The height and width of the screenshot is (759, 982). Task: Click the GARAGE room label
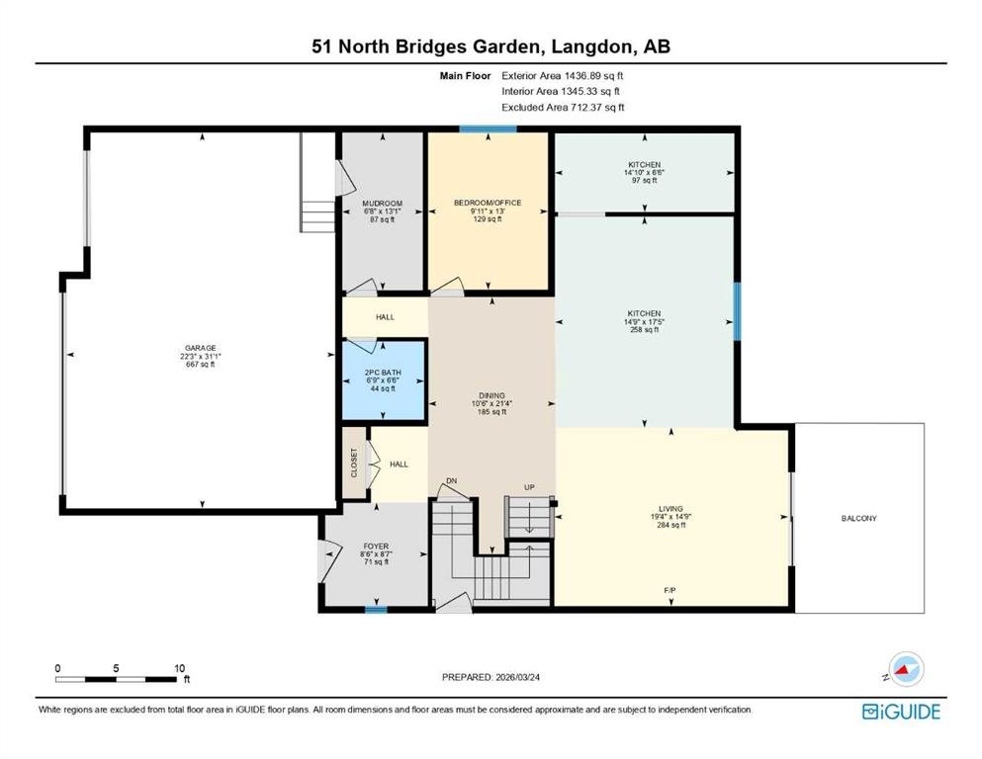[x=201, y=348]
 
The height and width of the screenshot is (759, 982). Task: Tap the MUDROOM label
[x=382, y=204]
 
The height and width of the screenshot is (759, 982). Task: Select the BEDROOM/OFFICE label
[x=488, y=203]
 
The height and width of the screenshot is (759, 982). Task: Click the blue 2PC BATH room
[x=384, y=379]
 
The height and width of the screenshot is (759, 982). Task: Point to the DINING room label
[x=491, y=395]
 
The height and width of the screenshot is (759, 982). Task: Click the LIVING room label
[x=670, y=509]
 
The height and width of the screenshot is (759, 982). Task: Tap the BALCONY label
[x=858, y=518]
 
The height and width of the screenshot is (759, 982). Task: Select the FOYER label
[x=376, y=547]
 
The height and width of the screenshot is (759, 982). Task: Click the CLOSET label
[x=354, y=463]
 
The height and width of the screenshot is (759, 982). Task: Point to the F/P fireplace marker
[x=670, y=590]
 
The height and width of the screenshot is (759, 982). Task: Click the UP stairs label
[x=529, y=487]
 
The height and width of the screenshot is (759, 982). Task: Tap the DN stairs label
[x=452, y=480]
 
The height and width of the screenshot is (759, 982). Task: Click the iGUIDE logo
[x=901, y=712]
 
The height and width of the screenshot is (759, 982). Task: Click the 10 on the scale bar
[x=180, y=668]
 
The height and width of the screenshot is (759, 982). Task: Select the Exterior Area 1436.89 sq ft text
[x=563, y=76]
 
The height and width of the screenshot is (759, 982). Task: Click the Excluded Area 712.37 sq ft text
[x=563, y=107]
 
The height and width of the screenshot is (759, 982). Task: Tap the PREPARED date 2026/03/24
[x=517, y=677]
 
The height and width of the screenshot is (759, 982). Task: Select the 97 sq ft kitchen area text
[x=645, y=180]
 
